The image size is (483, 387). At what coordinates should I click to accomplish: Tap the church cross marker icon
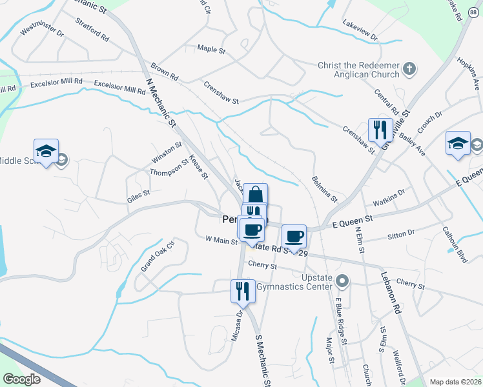(409, 68)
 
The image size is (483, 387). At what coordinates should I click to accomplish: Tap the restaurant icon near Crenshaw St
(380, 130)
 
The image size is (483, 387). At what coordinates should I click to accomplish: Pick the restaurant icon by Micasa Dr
(243, 290)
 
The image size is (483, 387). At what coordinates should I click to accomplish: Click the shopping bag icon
(256, 194)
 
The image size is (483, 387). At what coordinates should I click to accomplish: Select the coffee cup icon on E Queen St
(294, 235)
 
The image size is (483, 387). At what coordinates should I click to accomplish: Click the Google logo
(21, 379)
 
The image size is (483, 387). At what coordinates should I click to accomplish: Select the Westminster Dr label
(43, 30)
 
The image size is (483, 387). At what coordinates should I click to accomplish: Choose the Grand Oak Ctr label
(158, 256)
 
